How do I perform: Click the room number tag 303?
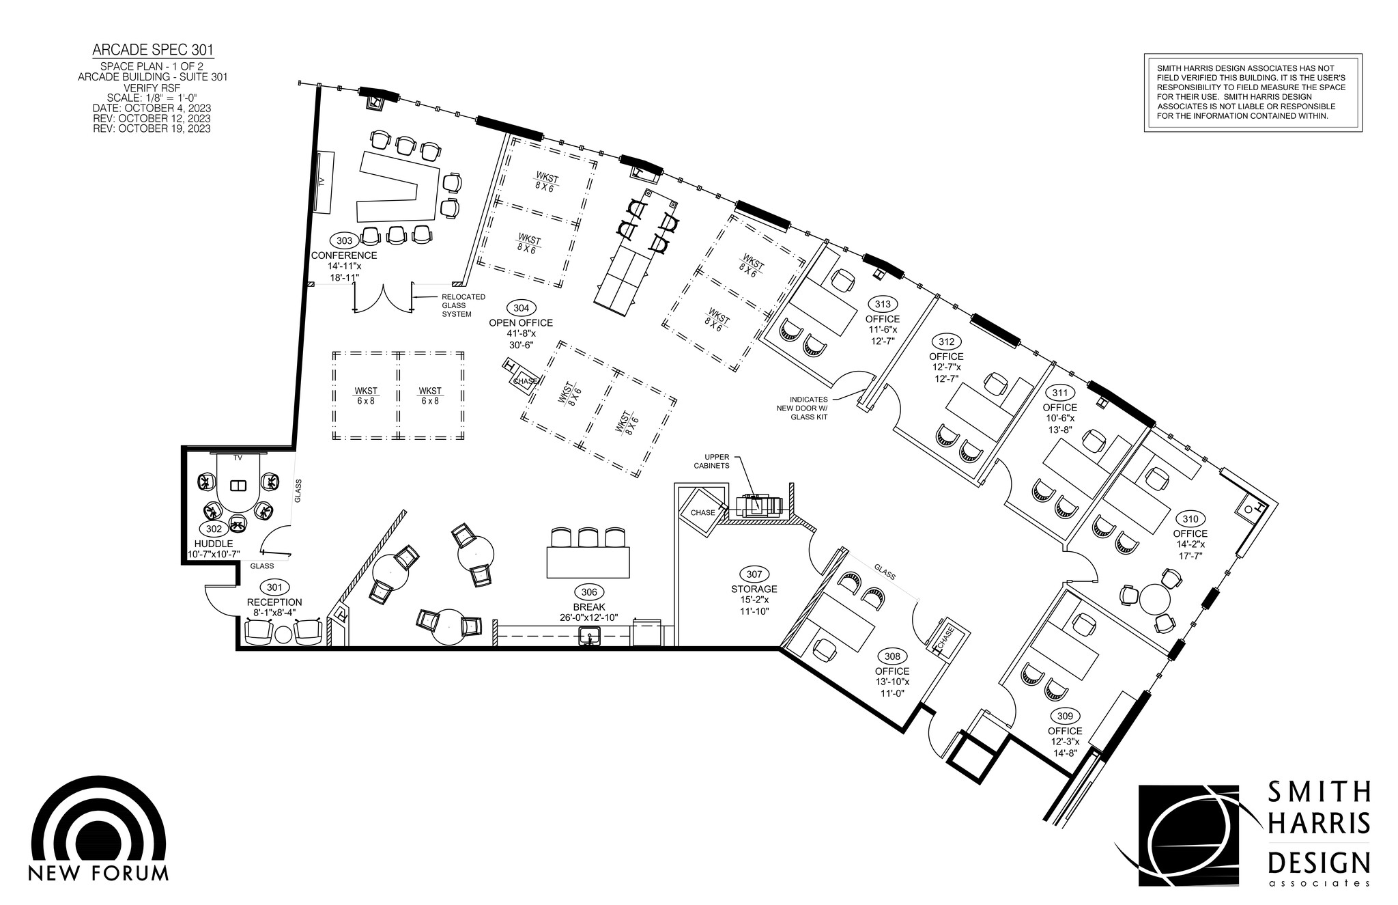tap(344, 240)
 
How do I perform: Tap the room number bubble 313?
tap(883, 304)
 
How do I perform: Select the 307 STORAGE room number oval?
tap(754, 574)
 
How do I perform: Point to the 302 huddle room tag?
tap(213, 529)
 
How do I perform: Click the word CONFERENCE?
tap(344, 255)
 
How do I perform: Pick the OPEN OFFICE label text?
tap(521, 323)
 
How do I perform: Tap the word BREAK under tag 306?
tap(588, 607)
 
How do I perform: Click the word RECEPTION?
tap(274, 602)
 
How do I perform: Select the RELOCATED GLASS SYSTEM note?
tap(463, 305)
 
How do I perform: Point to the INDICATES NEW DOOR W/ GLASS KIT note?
tap(809, 408)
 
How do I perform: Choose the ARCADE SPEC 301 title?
tap(153, 50)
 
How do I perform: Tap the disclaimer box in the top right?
tap(1253, 92)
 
